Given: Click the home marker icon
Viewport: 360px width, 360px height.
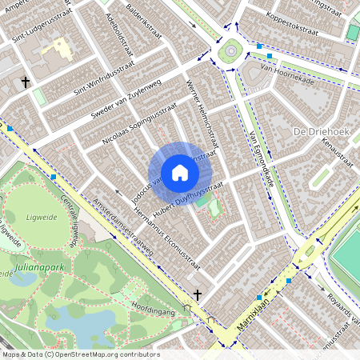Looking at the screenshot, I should [x=180, y=173].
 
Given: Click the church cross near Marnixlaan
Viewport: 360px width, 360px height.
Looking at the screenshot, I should [x=198, y=294].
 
